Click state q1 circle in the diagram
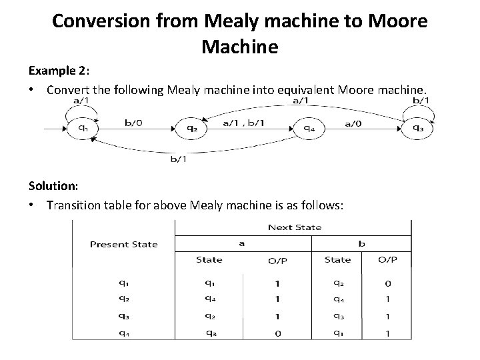pos(83,128)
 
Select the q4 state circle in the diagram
pos(309,128)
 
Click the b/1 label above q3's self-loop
pos(422,100)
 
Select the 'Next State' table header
pos(294,227)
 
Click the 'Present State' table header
pos(123,244)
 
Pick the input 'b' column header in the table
pos(361,243)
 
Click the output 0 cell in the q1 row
pos(388,283)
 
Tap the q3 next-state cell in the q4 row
pos(209,332)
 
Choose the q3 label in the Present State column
pos(124,316)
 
